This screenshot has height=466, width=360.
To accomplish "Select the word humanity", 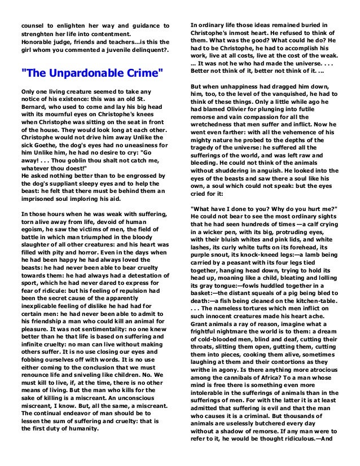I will pos(78,428).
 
